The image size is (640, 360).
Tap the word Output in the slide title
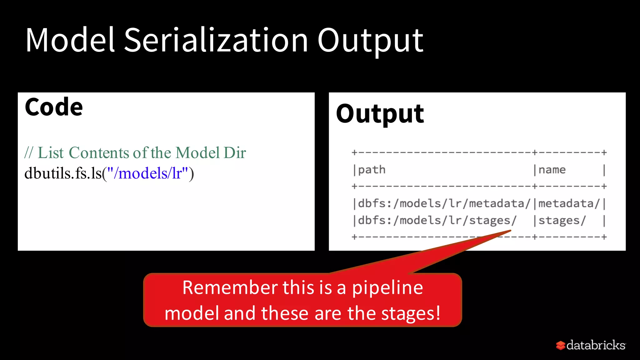pyautogui.click(x=370, y=41)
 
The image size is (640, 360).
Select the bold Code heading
pyautogui.click(x=54, y=107)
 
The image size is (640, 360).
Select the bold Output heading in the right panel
pyautogui.click(x=380, y=114)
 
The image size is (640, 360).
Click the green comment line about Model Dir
pyautogui.click(x=135, y=153)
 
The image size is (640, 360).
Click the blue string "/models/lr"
pyautogui.click(x=147, y=173)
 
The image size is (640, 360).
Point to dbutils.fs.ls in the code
pyautogui.click(x=62, y=173)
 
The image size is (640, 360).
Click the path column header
pyautogui.click(x=372, y=170)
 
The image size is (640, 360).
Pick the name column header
pyautogui.click(x=552, y=170)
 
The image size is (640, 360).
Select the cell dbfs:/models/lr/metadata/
pyautogui.click(x=444, y=203)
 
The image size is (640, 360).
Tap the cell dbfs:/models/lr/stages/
pyautogui.click(x=437, y=220)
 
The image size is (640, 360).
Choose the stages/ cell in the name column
pyautogui.click(x=562, y=220)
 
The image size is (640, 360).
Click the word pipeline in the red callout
pyautogui.click(x=387, y=288)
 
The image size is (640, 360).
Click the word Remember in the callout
pyautogui.click(x=230, y=287)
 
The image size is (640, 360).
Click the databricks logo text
pyautogui.click(x=596, y=345)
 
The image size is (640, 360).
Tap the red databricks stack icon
pyautogui.click(x=560, y=345)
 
